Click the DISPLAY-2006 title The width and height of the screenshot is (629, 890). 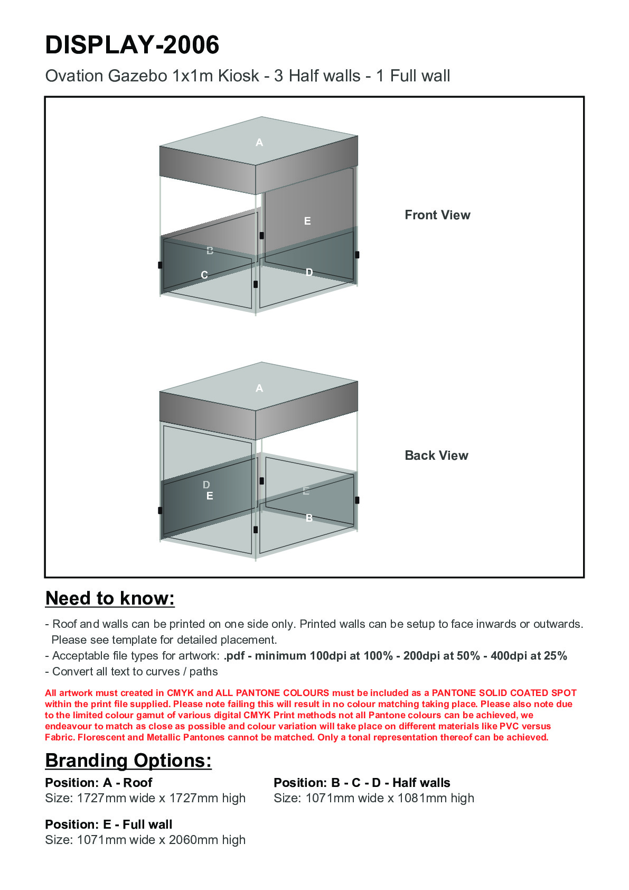tap(132, 45)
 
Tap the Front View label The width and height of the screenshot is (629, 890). tap(437, 215)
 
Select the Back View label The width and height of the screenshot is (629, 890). tap(436, 456)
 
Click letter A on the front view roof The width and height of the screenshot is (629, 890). tap(259, 142)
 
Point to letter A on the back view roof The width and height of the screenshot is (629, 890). tap(259, 388)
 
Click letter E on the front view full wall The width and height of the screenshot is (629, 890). tap(307, 221)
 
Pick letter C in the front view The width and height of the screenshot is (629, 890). tap(204, 275)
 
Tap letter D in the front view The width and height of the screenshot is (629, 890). tap(309, 272)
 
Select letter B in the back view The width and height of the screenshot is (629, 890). tap(309, 518)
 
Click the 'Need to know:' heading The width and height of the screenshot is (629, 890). tap(110, 598)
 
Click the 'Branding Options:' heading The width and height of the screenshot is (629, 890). tap(128, 761)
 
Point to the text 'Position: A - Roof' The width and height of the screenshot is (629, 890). tap(99, 783)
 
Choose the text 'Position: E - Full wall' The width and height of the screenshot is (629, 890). tap(109, 824)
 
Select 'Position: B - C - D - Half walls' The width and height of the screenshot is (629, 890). tap(362, 783)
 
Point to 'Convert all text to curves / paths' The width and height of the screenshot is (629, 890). tap(135, 672)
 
